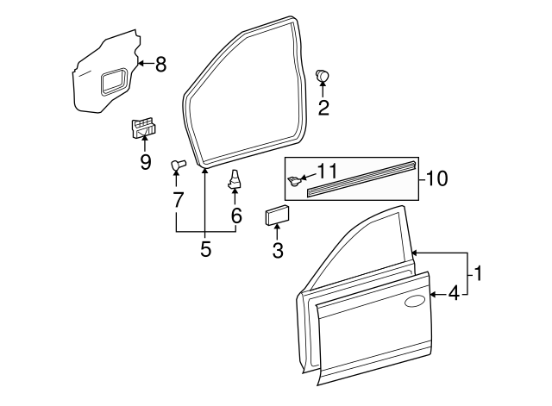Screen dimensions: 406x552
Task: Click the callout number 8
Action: click(161, 64)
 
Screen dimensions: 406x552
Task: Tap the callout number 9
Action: click(145, 161)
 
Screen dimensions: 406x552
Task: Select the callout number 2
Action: click(323, 108)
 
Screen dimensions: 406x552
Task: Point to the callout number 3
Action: click(278, 251)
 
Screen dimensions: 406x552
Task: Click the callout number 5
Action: click(205, 249)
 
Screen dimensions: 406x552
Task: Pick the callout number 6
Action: click(235, 216)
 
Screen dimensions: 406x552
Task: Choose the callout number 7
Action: click(178, 200)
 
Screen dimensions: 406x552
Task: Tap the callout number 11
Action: click(328, 170)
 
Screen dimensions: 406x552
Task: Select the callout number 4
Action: click(454, 294)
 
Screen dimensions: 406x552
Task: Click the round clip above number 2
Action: click(323, 76)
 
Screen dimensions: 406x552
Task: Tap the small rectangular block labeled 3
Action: click(277, 215)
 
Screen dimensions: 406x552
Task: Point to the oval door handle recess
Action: click(415, 301)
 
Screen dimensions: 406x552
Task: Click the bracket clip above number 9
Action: click(144, 128)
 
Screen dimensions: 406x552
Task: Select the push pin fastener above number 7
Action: click(177, 163)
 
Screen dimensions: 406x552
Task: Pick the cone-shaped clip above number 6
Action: click(234, 179)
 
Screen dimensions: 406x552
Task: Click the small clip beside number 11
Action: click(296, 180)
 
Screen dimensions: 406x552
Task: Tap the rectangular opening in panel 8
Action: click(113, 83)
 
